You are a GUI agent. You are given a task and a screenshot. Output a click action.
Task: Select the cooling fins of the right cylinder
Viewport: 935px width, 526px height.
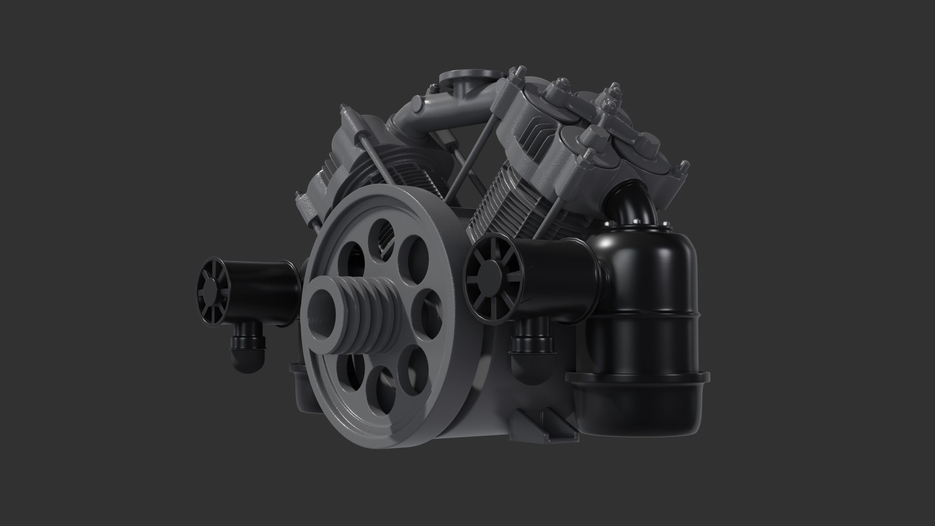[x=516, y=205]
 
